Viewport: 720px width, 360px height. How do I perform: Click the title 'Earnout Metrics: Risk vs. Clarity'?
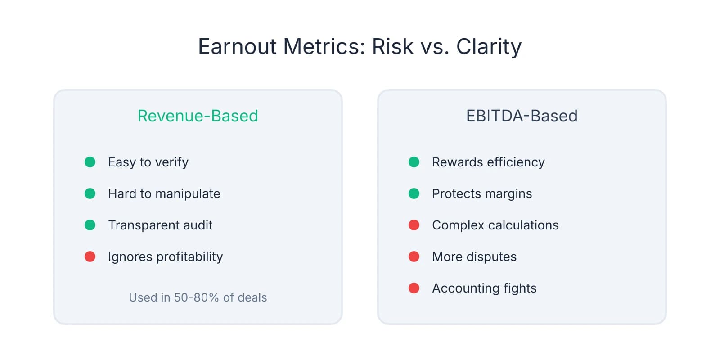[x=360, y=46]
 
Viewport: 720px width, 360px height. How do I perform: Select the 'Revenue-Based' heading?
[x=198, y=116]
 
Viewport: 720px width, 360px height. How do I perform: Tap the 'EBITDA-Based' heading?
[x=522, y=116]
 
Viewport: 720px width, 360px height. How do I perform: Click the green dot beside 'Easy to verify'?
[x=90, y=162]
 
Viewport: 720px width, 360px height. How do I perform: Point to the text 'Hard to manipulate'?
[x=164, y=193]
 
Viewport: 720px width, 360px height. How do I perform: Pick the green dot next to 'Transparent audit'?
[x=90, y=225]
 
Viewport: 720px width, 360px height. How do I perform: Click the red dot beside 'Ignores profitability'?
[x=90, y=256]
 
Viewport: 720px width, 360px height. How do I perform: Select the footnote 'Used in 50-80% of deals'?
[x=198, y=297]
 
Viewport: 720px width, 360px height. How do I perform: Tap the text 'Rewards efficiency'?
[x=488, y=162]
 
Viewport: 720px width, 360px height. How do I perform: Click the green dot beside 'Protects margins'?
[x=414, y=193]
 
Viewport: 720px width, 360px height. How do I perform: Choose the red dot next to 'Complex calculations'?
[x=414, y=225]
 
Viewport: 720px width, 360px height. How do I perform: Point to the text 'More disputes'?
[x=474, y=256]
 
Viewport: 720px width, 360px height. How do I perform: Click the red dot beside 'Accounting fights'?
[x=414, y=288]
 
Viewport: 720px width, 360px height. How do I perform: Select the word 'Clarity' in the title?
[x=489, y=46]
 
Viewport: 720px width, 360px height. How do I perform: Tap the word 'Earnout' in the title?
[x=237, y=46]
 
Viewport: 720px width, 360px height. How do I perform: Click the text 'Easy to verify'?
[x=148, y=162]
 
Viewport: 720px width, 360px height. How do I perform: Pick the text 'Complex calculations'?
[x=495, y=225]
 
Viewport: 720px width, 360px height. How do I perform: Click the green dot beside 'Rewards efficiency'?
[x=414, y=162]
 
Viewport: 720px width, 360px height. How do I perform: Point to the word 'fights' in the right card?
[x=520, y=288]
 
